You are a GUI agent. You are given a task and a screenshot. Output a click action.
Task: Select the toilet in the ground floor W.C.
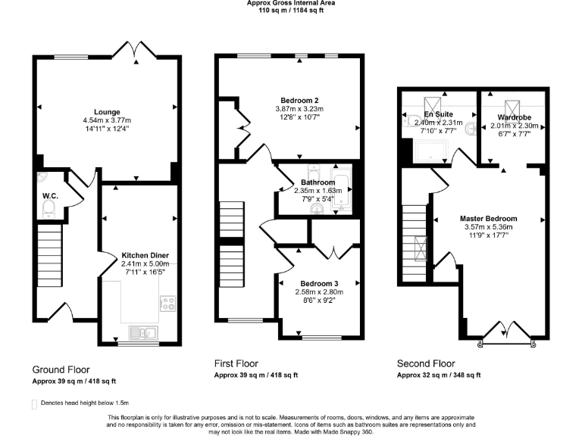(51, 209)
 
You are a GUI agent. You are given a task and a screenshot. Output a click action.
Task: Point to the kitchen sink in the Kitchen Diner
(142, 331)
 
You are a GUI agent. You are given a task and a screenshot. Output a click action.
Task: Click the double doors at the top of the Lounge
(134, 50)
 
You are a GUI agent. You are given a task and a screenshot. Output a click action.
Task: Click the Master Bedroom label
(488, 219)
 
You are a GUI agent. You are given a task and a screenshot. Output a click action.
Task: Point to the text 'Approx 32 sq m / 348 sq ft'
(439, 375)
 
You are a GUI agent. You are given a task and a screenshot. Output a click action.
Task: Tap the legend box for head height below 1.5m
(34, 404)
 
